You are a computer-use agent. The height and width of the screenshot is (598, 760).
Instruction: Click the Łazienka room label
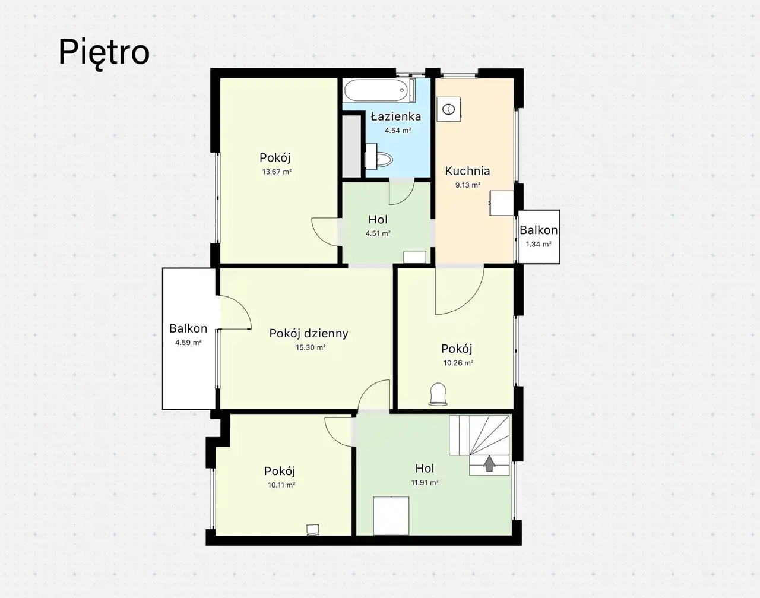pyautogui.click(x=396, y=116)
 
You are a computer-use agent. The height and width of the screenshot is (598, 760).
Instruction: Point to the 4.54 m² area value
pyautogui.click(x=398, y=130)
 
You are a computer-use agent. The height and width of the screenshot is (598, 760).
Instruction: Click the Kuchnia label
pyautogui.click(x=468, y=171)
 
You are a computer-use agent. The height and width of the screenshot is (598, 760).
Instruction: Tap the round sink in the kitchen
pyautogui.click(x=448, y=109)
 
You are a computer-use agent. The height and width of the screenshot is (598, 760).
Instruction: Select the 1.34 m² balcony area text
pyautogui.click(x=539, y=244)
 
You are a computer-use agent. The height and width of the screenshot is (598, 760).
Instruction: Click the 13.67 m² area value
pyautogui.click(x=277, y=172)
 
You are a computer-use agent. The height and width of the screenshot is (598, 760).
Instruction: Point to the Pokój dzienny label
pyautogui.click(x=309, y=333)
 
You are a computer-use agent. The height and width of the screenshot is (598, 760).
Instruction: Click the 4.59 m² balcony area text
pyautogui.click(x=188, y=342)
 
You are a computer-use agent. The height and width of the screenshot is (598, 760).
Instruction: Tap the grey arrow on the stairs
pyautogui.click(x=489, y=463)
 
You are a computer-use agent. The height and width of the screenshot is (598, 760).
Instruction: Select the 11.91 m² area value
pyautogui.click(x=425, y=482)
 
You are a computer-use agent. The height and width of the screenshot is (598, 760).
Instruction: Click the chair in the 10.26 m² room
pyautogui.click(x=438, y=394)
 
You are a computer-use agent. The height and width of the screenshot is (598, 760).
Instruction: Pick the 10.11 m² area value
pyautogui.click(x=281, y=485)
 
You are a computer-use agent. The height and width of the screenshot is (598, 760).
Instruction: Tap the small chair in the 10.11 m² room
pyautogui.click(x=312, y=530)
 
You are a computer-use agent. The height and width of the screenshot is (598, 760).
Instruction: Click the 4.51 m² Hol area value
pyautogui.click(x=378, y=233)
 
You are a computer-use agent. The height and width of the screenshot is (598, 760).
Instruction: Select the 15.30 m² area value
pyautogui.click(x=311, y=347)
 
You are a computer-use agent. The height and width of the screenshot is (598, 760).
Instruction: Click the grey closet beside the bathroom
pyautogui.click(x=352, y=145)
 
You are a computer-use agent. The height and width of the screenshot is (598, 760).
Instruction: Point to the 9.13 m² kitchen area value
pyautogui.click(x=468, y=185)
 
